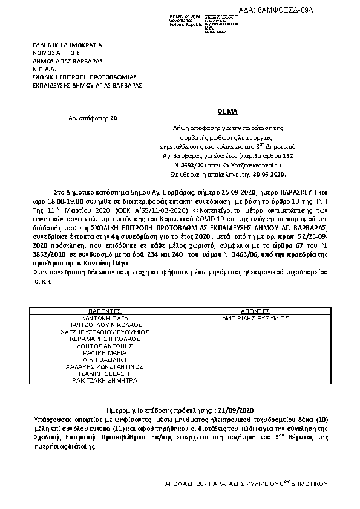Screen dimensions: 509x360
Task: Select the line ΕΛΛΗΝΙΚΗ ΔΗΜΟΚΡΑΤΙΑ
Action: (68, 45)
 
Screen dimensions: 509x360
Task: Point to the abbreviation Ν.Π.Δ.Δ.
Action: (45, 69)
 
